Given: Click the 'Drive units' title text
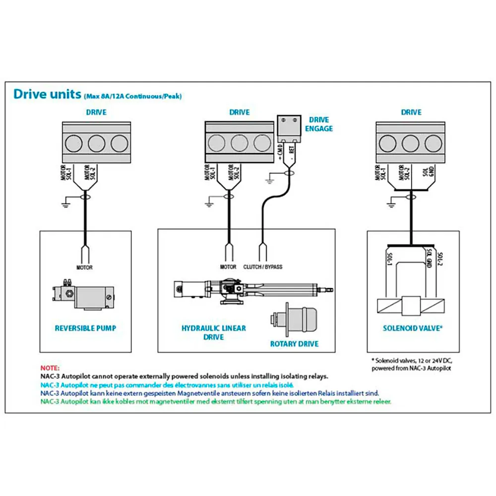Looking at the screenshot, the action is coord(48,94).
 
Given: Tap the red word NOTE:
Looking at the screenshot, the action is coord(50,368).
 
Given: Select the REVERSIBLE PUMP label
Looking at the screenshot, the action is coord(85,328).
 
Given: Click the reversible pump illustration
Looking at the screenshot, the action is coord(83,294).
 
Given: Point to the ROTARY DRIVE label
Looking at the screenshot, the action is coord(294,344).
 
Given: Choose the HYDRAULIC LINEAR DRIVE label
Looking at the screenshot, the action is coord(213,332).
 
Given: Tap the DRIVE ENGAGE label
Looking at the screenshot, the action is coord(319,124).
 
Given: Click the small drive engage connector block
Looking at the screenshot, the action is coord(289,129).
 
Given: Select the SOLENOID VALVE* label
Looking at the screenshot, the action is coord(413,328).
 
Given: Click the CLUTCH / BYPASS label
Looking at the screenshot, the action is coord(262,267).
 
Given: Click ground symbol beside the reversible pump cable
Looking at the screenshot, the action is coord(66,202).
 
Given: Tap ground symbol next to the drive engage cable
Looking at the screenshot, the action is coord(269,179).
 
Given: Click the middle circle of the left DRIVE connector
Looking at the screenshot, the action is coord(97,143).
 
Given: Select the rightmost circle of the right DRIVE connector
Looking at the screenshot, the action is coord(434,143).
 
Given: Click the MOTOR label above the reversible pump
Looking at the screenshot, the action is coord(84,268).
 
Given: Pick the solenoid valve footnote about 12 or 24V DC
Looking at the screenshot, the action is coord(412,365).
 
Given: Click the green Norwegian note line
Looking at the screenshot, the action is coord(216,401).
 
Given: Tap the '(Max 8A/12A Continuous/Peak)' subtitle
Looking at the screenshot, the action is coord(133,96).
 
